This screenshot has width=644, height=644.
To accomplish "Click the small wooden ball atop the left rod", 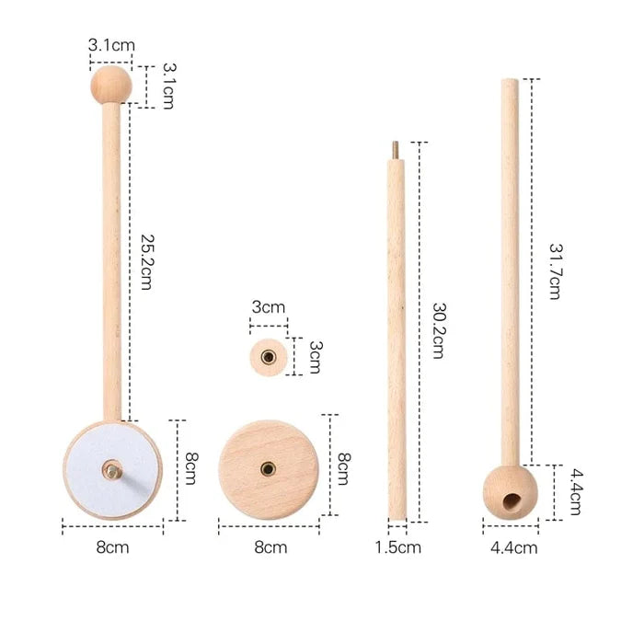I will [x=110, y=85].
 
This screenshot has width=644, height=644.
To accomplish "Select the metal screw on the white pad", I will [x=111, y=470].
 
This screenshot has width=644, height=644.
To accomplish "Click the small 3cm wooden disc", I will [x=269, y=355].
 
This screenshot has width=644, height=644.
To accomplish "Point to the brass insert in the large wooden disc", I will [x=269, y=468].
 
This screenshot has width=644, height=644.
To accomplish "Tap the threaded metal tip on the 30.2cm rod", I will [x=396, y=149].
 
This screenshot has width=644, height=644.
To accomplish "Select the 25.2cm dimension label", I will [x=146, y=261].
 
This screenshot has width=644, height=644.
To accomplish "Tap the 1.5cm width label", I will [x=398, y=547].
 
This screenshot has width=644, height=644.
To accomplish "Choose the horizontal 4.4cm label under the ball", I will [x=512, y=547].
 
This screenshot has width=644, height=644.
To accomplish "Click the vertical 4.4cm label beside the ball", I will [x=574, y=492].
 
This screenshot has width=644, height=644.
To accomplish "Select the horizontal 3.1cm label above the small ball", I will [x=110, y=44].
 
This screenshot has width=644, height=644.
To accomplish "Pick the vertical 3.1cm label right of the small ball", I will [x=167, y=86].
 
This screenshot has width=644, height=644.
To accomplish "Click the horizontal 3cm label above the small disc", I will [x=269, y=307].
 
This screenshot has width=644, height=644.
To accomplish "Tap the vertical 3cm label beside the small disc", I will [x=314, y=356].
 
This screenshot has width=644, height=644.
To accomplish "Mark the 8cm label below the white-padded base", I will [x=112, y=547].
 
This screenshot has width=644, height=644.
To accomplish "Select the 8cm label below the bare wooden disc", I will [x=270, y=547].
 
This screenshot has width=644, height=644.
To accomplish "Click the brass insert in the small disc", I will [x=269, y=356].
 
